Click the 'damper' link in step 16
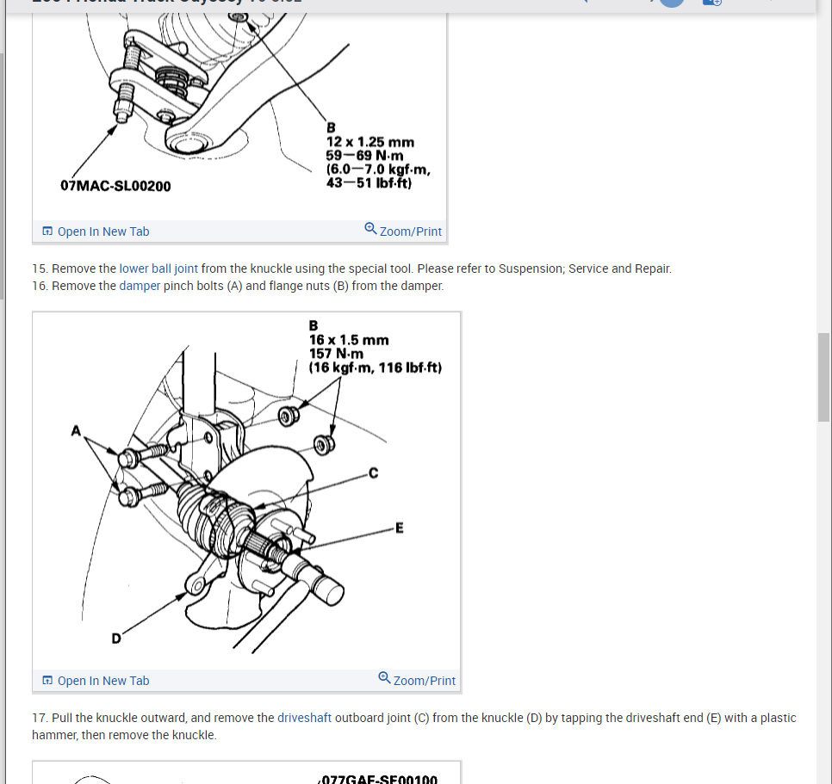tap(140, 286)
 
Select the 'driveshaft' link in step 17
tap(304, 718)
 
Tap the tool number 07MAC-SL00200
tap(115, 185)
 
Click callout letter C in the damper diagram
tap(373, 472)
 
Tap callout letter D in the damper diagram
tap(115, 638)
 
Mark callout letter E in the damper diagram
tap(399, 528)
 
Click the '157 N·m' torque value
tap(336, 354)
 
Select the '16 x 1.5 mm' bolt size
tap(349, 340)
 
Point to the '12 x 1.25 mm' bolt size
tap(369, 142)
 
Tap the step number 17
tap(39, 718)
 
